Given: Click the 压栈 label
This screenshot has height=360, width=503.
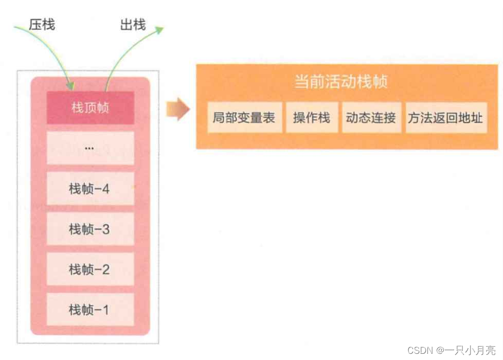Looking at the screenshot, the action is coord(42,24).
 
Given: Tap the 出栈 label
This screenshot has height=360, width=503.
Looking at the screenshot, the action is coord(133,24).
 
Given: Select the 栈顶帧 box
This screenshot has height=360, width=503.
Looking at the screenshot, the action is coord(91,108).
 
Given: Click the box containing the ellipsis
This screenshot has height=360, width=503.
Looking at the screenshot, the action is coord(91,148).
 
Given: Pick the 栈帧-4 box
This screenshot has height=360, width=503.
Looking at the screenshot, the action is coord(91,189).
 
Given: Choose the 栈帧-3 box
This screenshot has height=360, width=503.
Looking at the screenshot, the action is coord(91,229).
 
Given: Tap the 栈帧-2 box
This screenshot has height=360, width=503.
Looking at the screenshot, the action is coord(91,269).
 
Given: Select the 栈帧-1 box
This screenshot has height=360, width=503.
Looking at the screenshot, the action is coord(91,310).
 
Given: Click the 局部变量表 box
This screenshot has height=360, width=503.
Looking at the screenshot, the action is coord(244,118).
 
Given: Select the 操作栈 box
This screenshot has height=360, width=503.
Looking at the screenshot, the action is coord(312,118).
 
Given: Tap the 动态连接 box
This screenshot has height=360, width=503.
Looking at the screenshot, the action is coord(371,118).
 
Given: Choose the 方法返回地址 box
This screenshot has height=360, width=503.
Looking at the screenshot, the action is coord(445,118).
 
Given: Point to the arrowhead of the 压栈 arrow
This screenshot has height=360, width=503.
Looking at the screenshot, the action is coord(70,84).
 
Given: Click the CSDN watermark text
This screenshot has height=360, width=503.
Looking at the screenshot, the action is coord(419,350).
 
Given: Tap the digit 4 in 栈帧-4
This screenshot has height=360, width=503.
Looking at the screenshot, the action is coord(105,189).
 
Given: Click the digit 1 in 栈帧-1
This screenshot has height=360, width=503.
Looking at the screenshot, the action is coord(105,310).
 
